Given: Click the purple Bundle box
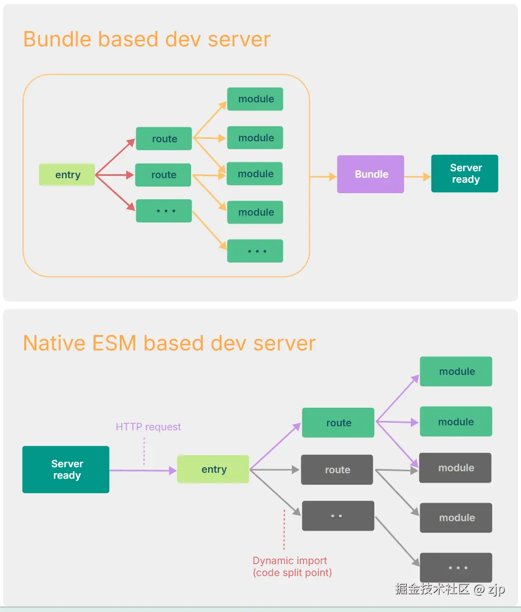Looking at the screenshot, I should (x=370, y=174).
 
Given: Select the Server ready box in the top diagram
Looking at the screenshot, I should (x=465, y=174).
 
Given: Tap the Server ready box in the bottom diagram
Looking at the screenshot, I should (x=66, y=469).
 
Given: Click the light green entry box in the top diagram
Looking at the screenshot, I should (x=67, y=175).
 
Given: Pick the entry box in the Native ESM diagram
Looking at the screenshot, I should (x=213, y=469).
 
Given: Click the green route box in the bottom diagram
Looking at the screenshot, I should (x=338, y=423).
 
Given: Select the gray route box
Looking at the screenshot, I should (x=337, y=470).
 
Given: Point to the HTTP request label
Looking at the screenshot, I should (x=148, y=427).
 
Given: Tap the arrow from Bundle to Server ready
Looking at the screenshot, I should (x=417, y=177).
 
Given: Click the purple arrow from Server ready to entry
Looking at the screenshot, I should (x=143, y=470).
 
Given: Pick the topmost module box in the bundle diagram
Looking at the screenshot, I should (x=255, y=99).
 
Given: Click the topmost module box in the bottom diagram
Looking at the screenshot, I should (x=456, y=371).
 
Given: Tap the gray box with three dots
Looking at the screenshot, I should (x=456, y=568).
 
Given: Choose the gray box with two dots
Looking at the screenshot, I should (x=338, y=516).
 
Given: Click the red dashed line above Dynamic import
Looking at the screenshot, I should (x=284, y=529).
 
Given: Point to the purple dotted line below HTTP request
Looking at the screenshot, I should (x=144, y=452).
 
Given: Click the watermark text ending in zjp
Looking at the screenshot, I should (x=450, y=589).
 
